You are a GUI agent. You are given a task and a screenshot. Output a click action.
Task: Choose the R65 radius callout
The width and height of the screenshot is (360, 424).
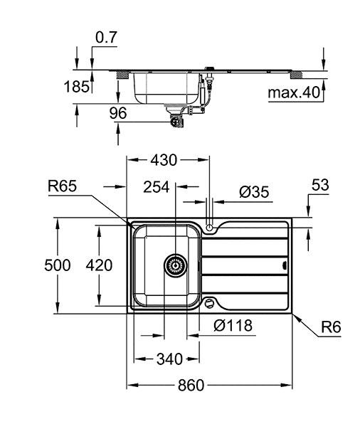click(x=62, y=186)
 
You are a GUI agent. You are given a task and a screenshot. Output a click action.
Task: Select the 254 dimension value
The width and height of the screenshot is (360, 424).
click(x=156, y=187)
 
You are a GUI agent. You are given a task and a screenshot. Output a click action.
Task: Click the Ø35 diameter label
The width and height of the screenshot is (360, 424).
click(x=253, y=191)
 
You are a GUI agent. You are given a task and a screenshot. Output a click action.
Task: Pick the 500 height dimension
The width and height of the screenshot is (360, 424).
click(x=58, y=265)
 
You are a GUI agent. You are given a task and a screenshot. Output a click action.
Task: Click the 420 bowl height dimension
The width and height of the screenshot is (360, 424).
click(x=100, y=265)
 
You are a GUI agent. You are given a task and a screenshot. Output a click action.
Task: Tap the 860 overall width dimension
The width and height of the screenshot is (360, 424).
click(x=190, y=385)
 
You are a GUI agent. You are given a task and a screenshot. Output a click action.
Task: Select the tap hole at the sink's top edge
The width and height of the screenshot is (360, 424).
click(x=210, y=226)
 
